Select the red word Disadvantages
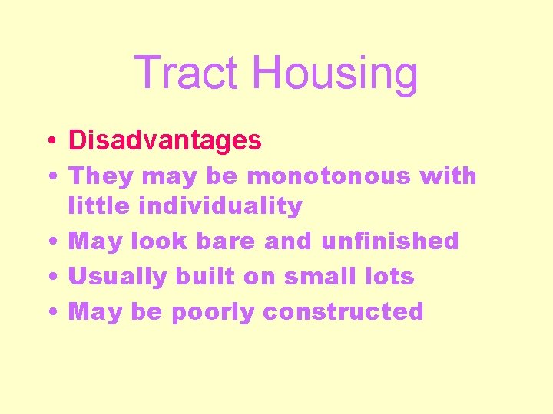pos(165,140)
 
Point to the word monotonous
pos(329,176)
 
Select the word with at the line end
pos(449,176)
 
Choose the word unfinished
pos(389,241)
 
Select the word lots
pos(387,276)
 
